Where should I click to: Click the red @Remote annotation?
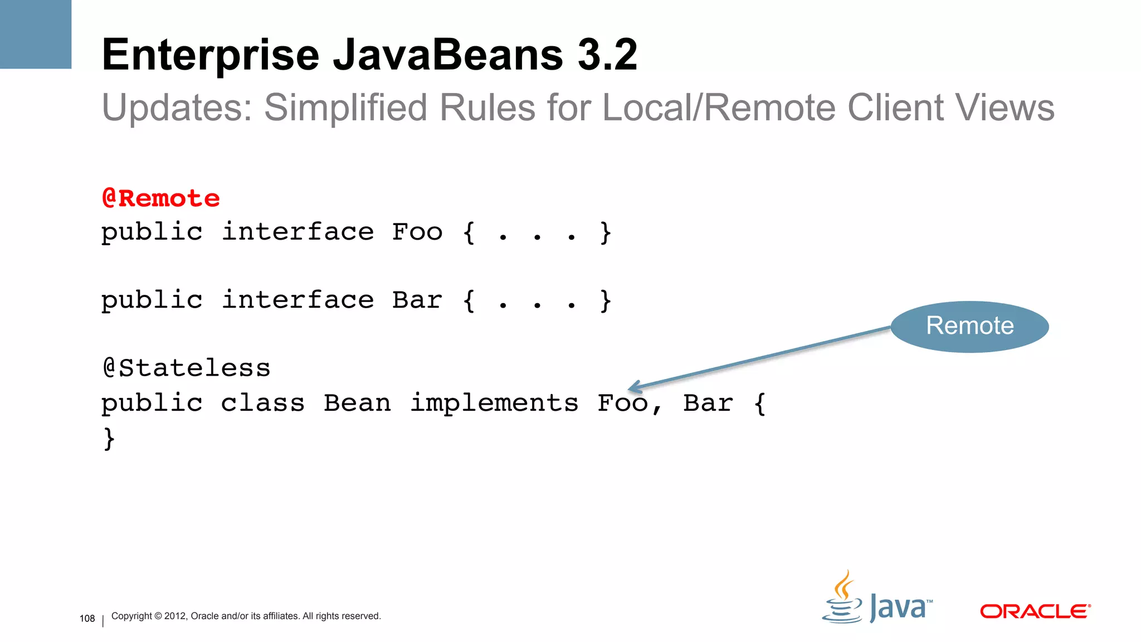point(161,198)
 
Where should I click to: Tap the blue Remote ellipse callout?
point(969,326)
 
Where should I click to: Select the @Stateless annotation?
point(187,368)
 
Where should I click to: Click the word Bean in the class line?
point(357,403)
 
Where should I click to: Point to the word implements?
point(494,403)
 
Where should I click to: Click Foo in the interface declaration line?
point(417,232)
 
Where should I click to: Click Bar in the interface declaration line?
point(417,300)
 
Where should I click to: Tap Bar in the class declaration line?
point(708,403)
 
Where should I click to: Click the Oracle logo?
point(1035,611)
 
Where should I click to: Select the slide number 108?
point(87,619)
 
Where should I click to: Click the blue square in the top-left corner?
point(36,34)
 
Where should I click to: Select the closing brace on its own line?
point(109,438)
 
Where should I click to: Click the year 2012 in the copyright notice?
point(175,616)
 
